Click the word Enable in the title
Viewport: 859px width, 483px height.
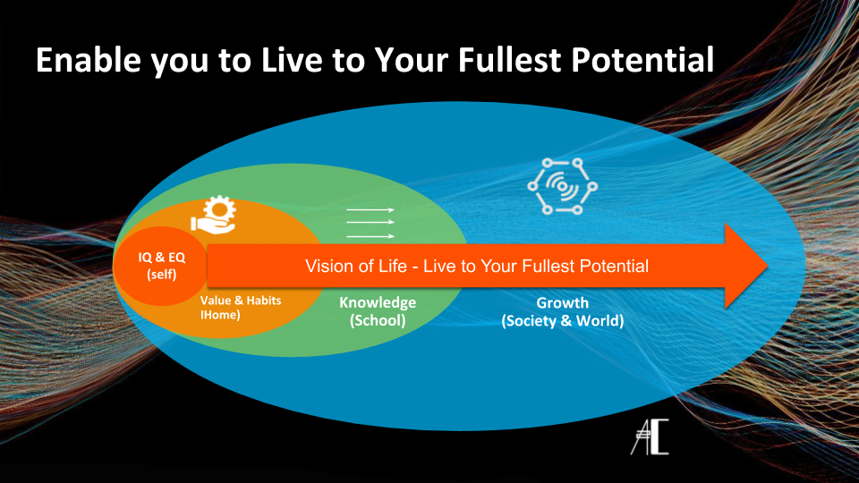click(89, 60)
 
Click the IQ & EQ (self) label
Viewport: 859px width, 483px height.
click(162, 266)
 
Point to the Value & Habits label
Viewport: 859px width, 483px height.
click(241, 307)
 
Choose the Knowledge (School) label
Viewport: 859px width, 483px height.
click(378, 311)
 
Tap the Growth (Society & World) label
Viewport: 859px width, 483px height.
click(563, 311)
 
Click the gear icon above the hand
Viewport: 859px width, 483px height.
click(220, 208)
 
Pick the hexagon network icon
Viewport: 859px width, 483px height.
click(562, 186)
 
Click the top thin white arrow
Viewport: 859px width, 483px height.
click(370, 209)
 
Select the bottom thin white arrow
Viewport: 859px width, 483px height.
click(370, 236)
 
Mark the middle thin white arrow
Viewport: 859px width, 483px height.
click(370, 222)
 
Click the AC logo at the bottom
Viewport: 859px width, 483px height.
click(650, 436)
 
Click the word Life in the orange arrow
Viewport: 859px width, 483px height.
click(392, 267)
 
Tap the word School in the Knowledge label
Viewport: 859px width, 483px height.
click(378, 320)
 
